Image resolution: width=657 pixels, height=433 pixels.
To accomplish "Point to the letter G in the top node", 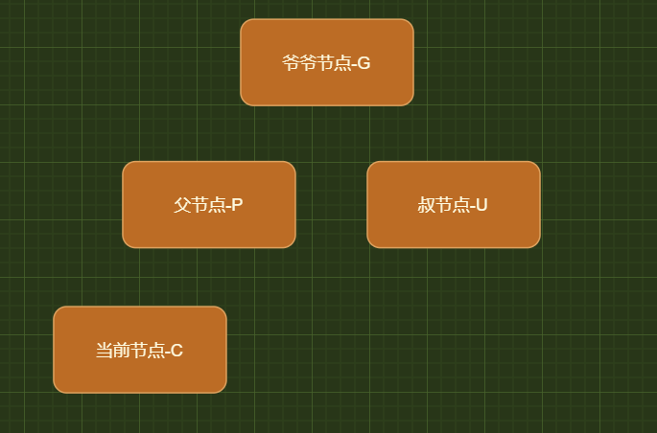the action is (364, 63).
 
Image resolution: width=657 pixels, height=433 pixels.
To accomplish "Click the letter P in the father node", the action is (237, 205).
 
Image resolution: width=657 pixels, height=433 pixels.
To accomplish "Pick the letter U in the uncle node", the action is (481, 205).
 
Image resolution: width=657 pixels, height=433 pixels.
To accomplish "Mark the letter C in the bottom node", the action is (176, 351).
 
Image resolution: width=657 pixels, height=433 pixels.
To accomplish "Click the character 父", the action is (182, 205).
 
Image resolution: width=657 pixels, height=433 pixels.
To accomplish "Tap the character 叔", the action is (426, 205).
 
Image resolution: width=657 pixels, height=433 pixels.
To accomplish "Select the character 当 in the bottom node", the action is (104, 351).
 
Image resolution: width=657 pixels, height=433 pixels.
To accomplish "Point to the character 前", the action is (121, 351).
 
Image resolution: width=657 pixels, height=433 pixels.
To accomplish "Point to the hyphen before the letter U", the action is (472, 206).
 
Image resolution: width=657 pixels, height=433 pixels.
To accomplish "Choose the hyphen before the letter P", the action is (228, 206).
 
